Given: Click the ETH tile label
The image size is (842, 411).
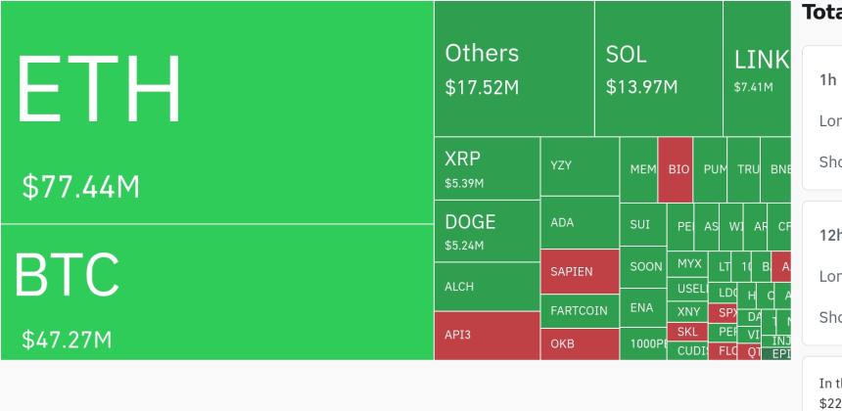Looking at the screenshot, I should (99, 89).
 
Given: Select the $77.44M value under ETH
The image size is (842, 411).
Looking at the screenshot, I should (80, 186).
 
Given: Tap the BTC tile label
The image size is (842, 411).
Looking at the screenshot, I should (67, 275).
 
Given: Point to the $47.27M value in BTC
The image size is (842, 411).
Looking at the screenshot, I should (67, 341).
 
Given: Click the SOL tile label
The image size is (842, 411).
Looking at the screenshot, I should (626, 54).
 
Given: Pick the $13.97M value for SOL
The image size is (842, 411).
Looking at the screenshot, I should (641, 87).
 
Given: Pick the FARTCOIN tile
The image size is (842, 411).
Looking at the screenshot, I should (579, 311).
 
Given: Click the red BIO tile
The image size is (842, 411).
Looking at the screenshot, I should (678, 169).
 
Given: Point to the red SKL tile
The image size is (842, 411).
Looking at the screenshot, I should (688, 332).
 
